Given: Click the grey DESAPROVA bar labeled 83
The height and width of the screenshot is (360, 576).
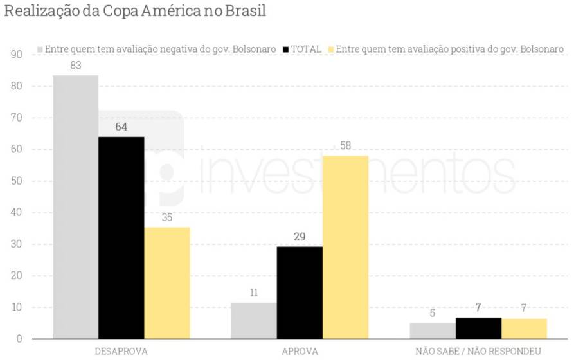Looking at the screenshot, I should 75,206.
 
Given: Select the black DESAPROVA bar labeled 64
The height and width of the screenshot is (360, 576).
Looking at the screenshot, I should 121,237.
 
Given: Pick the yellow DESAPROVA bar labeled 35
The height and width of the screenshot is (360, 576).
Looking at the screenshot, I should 167,283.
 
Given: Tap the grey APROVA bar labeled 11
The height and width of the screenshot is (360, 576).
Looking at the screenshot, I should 254,321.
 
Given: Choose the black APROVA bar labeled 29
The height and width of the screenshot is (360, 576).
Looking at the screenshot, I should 300,292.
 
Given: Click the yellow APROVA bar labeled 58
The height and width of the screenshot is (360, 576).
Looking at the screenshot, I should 345,247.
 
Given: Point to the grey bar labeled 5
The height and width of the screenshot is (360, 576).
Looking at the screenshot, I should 433,330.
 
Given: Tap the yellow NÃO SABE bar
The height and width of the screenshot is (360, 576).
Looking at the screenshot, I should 524,328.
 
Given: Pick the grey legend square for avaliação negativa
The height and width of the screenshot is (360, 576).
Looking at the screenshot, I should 40,50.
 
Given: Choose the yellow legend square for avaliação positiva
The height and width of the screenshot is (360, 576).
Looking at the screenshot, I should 331,50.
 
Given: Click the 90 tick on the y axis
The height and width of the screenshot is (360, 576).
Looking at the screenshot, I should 17,55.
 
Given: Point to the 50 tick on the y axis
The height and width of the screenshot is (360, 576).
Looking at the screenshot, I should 17,181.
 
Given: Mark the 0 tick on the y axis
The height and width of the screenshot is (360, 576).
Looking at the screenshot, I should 19,339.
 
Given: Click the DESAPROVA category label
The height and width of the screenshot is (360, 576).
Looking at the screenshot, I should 121,352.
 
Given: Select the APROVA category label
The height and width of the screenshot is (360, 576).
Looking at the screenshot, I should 300,352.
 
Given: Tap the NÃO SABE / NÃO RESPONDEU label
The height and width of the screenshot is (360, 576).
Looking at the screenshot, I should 478,352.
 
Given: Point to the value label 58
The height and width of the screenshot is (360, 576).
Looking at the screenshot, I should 345,146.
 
